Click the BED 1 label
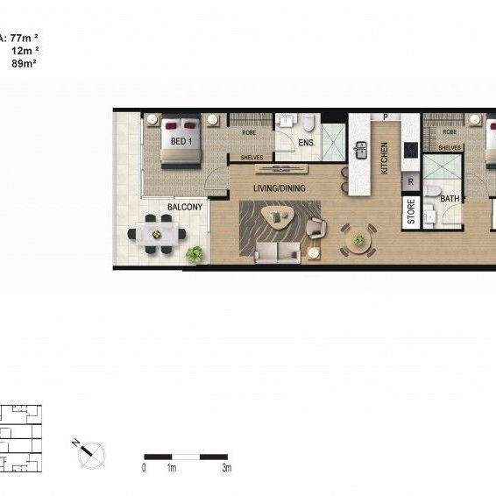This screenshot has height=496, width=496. coord(182,140)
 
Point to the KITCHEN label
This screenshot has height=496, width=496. coord(384,158)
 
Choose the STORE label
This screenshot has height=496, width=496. coord(410,213)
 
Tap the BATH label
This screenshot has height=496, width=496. coord(450,199)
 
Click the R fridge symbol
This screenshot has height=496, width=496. coord(410,182)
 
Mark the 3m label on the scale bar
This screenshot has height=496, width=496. coord(226,469)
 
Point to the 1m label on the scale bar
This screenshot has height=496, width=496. coord(172,469)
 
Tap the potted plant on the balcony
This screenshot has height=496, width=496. coord(195,253)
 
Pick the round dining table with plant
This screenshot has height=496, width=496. coord(358,237)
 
